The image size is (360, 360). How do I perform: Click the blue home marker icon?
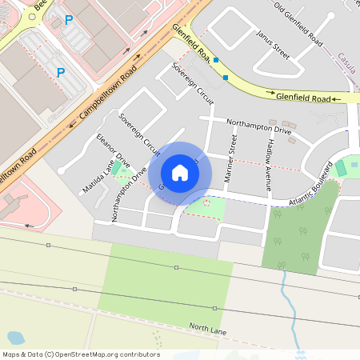(x=180, y=173)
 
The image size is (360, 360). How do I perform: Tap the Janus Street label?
(x=273, y=44)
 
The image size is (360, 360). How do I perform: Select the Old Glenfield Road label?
(x=298, y=23)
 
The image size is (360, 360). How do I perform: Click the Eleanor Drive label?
(x=113, y=150)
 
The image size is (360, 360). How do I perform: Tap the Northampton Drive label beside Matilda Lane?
(x=130, y=194)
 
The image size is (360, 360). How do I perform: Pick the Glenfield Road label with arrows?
(x=303, y=98)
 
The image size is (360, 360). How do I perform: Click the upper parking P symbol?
(x=69, y=20)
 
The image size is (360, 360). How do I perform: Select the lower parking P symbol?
(x=60, y=73)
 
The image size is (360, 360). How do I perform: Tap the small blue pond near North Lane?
(x=15, y=338)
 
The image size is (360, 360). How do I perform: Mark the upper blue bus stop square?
(x=216, y=60)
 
